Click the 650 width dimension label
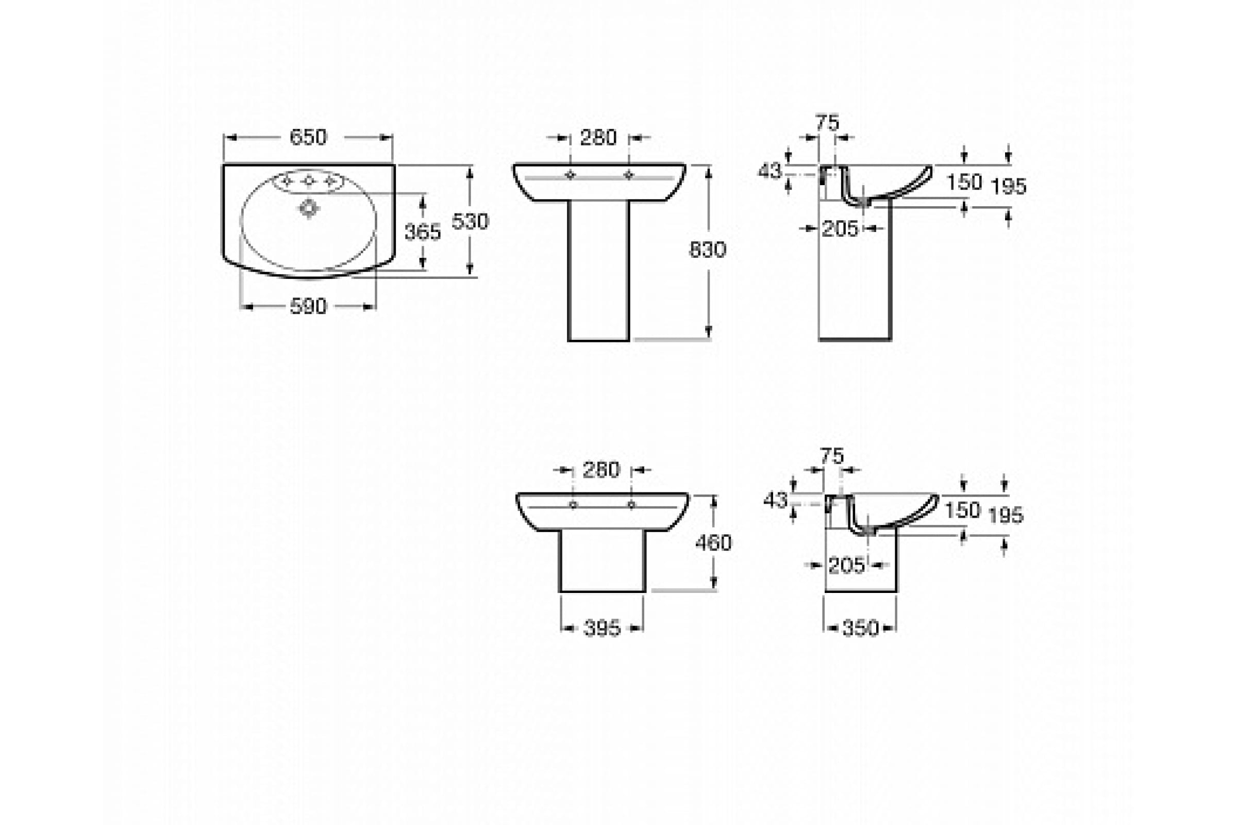[308, 137]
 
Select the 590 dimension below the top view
[308, 306]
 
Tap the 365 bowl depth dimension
[423, 232]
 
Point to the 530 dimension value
[470, 222]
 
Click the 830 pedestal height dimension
[708, 250]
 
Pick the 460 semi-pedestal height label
[714, 542]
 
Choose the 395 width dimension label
[602, 628]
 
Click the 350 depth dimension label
[860, 628]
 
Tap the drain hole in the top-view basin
[309, 208]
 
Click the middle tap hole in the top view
[309, 181]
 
